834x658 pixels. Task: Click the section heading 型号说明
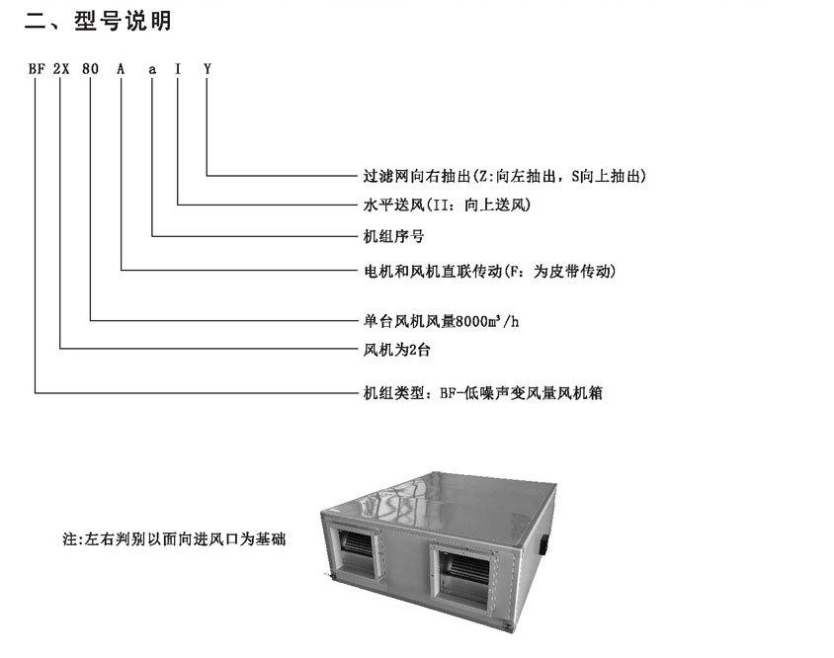click(123, 22)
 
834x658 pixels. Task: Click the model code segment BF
click(38, 68)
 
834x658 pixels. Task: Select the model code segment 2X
click(61, 68)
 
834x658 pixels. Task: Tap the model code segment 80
click(91, 68)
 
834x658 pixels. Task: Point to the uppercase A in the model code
click(122, 68)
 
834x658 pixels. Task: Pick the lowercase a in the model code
click(152, 70)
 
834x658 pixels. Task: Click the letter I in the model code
click(178, 68)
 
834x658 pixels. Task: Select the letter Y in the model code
click(208, 68)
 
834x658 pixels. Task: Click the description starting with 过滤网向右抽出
click(504, 176)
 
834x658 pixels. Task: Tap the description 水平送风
click(393, 205)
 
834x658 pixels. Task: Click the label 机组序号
click(393, 236)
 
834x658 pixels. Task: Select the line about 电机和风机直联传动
click(489, 271)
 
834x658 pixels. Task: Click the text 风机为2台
click(397, 350)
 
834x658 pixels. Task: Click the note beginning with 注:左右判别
click(175, 538)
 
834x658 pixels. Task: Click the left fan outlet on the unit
click(356, 553)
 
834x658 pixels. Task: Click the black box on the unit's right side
click(544, 546)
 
